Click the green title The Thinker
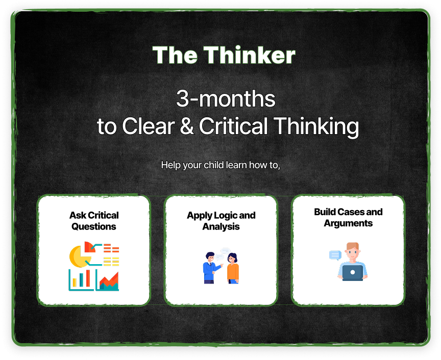[224, 55]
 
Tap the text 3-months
[226, 99]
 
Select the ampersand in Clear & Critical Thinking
[187, 126]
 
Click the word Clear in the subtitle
[148, 126]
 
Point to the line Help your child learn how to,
[220, 165]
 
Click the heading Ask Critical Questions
[94, 221]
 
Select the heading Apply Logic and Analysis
[221, 221]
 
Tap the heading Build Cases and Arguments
[348, 218]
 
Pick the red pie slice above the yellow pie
[89, 246]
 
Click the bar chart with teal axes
[81, 280]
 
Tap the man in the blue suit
[210, 268]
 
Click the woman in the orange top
[233, 268]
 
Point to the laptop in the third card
[352, 273]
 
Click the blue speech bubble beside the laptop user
[335, 255]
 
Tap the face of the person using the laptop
[353, 253]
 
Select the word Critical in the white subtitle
[233, 126]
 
